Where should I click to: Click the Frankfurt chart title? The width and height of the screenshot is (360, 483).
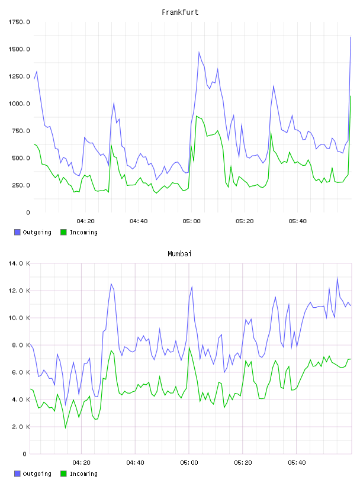click(x=180, y=12)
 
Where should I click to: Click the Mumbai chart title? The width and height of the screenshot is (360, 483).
click(x=179, y=253)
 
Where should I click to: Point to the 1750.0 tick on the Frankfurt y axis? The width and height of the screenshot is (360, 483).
click(x=19, y=22)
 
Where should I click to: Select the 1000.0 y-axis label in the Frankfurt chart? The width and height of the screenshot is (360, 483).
click(x=19, y=104)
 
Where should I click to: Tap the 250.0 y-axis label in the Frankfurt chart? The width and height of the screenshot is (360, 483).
click(x=21, y=185)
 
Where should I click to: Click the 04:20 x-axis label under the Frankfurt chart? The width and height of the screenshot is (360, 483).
click(x=85, y=221)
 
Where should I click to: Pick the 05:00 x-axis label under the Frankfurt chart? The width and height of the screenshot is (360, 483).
click(x=191, y=221)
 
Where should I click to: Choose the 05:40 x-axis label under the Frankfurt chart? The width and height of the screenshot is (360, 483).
click(x=297, y=221)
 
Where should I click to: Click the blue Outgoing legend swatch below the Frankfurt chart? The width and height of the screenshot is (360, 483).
click(x=17, y=232)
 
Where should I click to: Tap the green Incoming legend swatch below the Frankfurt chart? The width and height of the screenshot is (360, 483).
click(x=63, y=232)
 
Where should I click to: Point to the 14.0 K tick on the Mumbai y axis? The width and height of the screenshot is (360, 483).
click(x=19, y=263)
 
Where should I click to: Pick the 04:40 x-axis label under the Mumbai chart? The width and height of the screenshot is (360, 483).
click(x=136, y=462)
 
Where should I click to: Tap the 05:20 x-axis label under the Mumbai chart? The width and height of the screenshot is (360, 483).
click(x=243, y=462)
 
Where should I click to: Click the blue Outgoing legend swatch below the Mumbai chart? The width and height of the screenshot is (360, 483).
click(x=17, y=474)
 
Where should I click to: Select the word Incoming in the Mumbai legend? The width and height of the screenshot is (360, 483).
click(x=83, y=474)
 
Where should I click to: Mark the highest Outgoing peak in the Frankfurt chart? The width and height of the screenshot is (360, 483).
click(x=351, y=37)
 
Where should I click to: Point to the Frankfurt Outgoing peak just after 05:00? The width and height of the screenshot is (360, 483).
click(x=199, y=52)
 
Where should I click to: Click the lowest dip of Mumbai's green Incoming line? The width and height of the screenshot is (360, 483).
click(x=65, y=427)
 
